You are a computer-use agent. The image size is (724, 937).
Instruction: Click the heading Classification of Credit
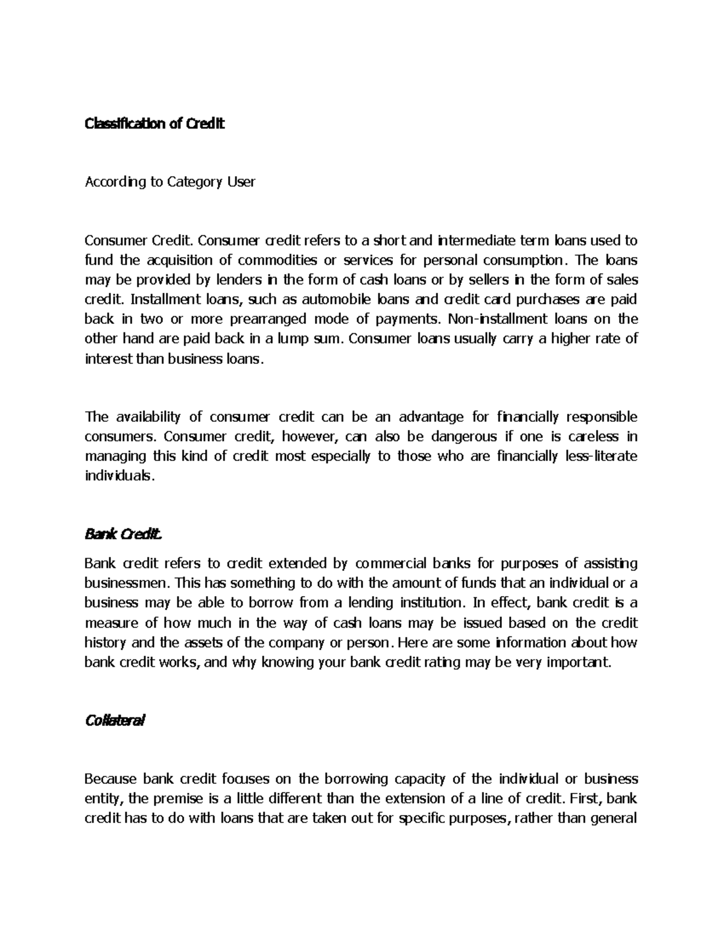point(154,124)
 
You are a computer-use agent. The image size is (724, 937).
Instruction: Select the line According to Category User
point(170,182)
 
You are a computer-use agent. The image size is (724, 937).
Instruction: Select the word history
point(104,642)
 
